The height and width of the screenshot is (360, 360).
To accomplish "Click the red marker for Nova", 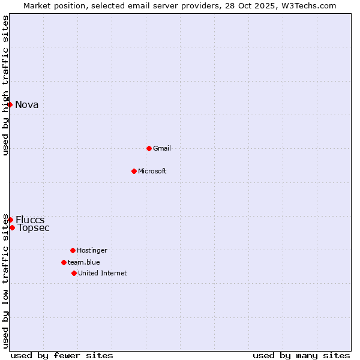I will [x=10, y=104].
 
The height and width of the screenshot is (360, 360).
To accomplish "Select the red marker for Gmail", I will [x=149, y=148].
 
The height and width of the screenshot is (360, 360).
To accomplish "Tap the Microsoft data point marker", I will [x=134, y=171].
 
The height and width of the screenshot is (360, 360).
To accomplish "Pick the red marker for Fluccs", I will [x=10, y=220].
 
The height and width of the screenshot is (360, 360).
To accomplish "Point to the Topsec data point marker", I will [x=12, y=227].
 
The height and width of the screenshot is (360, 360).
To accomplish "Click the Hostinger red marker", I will [x=73, y=250].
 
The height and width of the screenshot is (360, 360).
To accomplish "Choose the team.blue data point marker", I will [x=64, y=262].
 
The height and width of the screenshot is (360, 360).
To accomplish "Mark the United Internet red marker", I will [x=74, y=273].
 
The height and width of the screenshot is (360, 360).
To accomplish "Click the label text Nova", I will [x=27, y=105].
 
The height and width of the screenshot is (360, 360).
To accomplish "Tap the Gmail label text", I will [x=162, y=148].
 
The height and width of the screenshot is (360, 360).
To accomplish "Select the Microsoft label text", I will [x=152, y=171].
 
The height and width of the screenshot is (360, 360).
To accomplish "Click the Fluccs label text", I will [x=30, y=220].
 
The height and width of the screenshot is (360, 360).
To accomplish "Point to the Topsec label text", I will [x=34, y=227].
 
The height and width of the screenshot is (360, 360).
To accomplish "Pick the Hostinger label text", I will [x=92, y=250].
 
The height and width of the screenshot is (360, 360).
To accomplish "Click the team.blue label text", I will [x=84, y=262].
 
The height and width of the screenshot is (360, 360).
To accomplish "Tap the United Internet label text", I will [x=103, y=273].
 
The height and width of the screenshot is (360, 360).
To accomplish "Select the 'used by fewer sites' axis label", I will [x=62, y=355].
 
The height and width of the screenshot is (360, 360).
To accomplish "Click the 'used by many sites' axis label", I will [x=301, y=355].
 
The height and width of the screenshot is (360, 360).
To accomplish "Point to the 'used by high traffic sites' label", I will [x=5, y=85].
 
